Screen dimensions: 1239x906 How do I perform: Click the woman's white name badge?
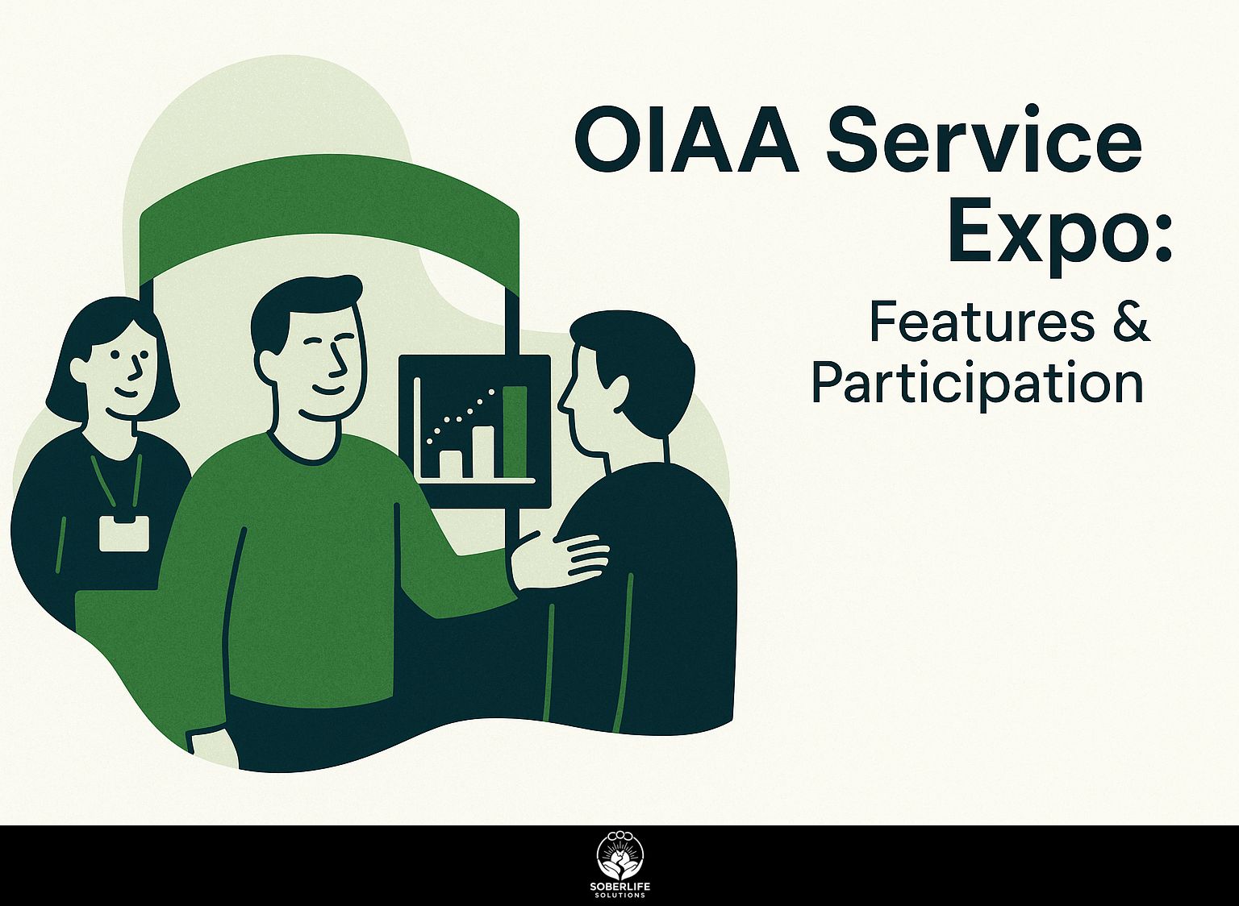click(124, 533)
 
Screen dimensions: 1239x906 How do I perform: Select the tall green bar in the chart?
click(515, 432)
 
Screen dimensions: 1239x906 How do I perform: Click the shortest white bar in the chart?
click(450, 463)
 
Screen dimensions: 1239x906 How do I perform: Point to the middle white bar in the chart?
click(482, 451)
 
